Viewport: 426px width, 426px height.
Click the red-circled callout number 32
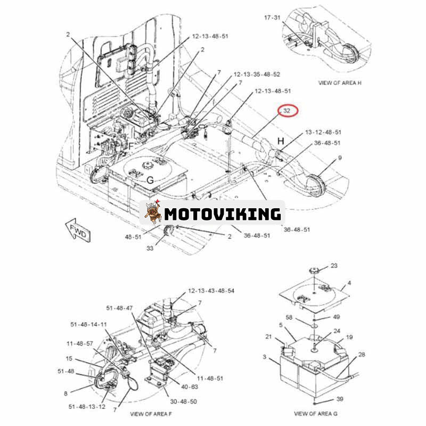point(286,111)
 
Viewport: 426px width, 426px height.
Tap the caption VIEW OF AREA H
point(340,83)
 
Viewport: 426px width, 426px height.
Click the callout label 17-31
point(273,18)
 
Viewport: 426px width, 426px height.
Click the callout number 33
point(151,248)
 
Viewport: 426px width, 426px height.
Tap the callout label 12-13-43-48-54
point(210,291)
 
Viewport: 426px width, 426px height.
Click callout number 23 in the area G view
point(334,265)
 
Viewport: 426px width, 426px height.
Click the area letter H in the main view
point(281,140)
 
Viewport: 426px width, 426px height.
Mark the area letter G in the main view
point(150,181)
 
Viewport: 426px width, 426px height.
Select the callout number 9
point(340,158)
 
